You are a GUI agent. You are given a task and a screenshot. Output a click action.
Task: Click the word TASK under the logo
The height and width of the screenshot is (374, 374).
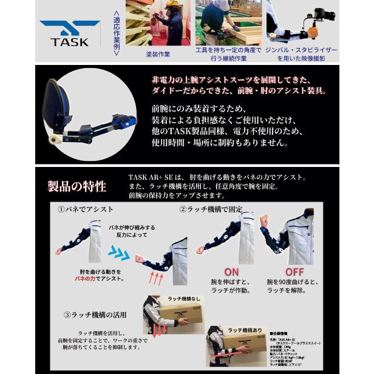pos(70,42)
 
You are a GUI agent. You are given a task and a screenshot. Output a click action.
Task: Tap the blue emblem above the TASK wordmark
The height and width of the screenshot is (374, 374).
pos(70,28)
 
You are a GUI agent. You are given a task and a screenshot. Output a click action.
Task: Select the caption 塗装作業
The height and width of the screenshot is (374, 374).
pos(158,54)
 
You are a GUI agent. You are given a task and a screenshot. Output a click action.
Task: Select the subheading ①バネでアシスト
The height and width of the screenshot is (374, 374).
pos(86,209)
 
